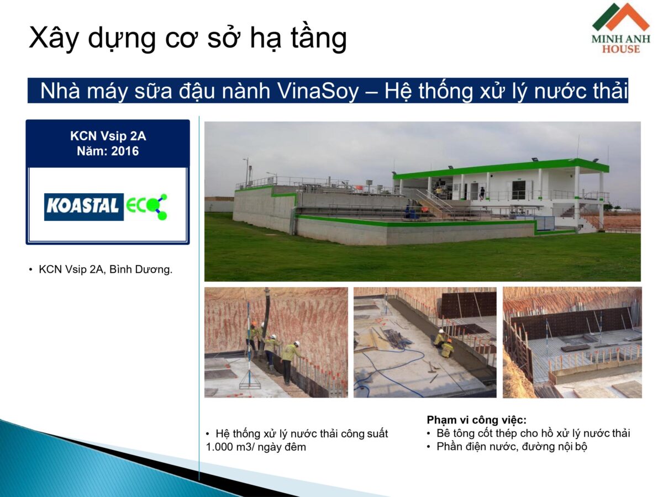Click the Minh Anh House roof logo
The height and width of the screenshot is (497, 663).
[x=620, y=18]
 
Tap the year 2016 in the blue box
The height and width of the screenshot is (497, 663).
[x=125, y=150]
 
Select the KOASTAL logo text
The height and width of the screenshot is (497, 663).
[x=83, y=207]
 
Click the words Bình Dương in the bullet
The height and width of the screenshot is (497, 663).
[x=145, y=270]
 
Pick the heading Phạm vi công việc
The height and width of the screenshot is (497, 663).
[x=476, y=420]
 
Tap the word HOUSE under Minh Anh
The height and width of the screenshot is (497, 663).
[x=621, y=49]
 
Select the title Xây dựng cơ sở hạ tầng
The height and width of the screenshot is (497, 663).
[x=187, y=38]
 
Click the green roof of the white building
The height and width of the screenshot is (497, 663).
[x=500, y=167]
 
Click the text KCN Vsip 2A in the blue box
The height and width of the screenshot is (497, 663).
[x=108, y=136]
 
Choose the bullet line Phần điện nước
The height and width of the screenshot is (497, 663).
[x=511, y=447]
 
